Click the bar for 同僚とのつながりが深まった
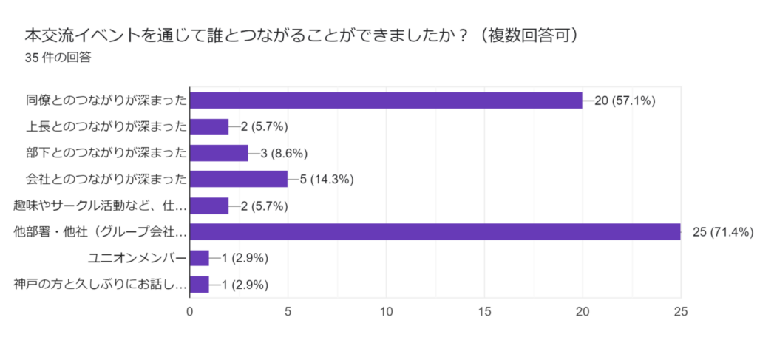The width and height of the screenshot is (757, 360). click(x=386, y=100)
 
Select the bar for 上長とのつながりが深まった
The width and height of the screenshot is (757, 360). click(x=209, y=126)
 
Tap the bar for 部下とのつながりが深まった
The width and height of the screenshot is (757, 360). click(x=219, y=153)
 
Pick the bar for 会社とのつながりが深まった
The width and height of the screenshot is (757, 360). click(x=239, y=179)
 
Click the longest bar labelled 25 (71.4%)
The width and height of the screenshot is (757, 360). click(x=435, y=231)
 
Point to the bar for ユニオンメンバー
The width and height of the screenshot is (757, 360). click(x=200, y=258)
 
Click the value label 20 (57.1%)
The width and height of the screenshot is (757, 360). click(x=625, y=101)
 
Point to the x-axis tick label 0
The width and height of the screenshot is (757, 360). click(x=190, y=312)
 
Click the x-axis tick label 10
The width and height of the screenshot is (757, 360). click(x=386, y=312)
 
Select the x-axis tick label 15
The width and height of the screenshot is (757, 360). click(x=484, y=312)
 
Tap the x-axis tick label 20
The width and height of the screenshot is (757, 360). click(x=583, y=312)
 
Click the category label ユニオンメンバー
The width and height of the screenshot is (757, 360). click(x=137, y=258)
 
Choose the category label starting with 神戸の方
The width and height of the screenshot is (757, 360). click(x=100, y=285)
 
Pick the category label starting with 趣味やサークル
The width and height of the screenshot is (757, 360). click(x=100, y=206)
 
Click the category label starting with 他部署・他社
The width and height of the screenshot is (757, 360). click(x=100, y=232)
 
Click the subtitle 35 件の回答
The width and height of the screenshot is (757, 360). click(x=58, y=58)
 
